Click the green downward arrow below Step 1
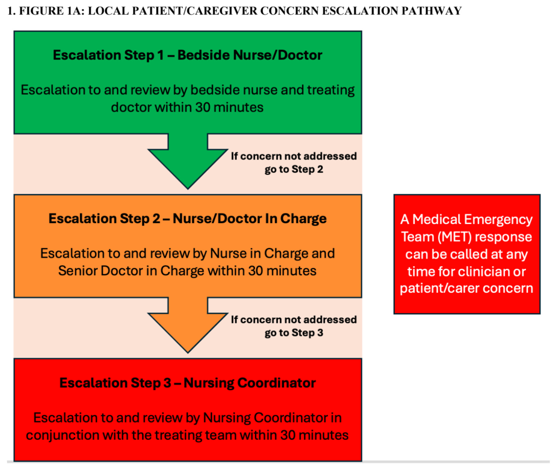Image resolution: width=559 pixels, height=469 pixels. pos(188,162)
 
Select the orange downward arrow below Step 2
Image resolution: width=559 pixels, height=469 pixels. pos(188,325)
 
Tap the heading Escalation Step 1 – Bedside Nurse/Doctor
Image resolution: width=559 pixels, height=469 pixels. pos(187,55)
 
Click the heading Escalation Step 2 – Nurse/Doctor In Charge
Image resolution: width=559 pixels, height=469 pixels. pos(187,219)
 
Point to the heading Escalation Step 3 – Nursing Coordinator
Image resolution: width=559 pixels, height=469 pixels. pos(187,383)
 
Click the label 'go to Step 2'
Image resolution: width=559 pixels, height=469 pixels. pos(294,169)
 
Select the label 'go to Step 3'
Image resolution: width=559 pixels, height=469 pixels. pos(294,333)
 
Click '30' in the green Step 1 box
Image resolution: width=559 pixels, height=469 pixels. pos(203,107)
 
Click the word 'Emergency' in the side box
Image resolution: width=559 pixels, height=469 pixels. pos(499,219)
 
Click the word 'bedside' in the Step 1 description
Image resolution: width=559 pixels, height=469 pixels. pos(214,90)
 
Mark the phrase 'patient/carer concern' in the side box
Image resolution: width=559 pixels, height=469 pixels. pos(466,288)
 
